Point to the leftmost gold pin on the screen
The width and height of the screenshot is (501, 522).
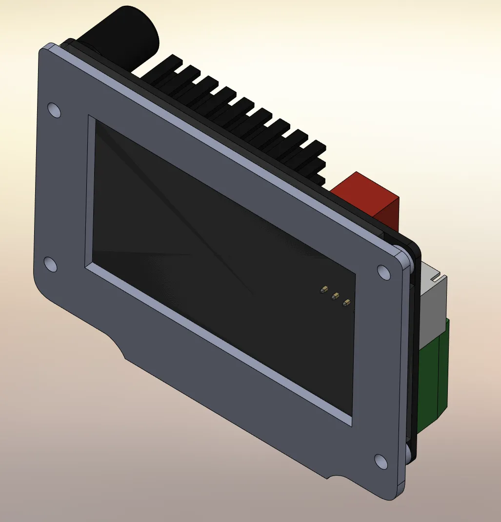pyautogui.click(x=323, y=290)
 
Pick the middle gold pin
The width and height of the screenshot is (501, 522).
pyautogui.click(x=335, y=296)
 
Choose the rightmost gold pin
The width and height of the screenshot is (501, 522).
pyautogui.click(x=346, y=302)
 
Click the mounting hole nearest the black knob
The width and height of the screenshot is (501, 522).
pyautogui.click(x=55, y=110)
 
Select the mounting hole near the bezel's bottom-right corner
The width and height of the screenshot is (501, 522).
pyautogui.click(x=381, y=461)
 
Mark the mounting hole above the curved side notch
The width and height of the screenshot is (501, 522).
pyautogui.click(x=50, y=264)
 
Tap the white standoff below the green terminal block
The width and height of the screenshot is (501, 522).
pyautogui.click(x=409, y=451)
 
